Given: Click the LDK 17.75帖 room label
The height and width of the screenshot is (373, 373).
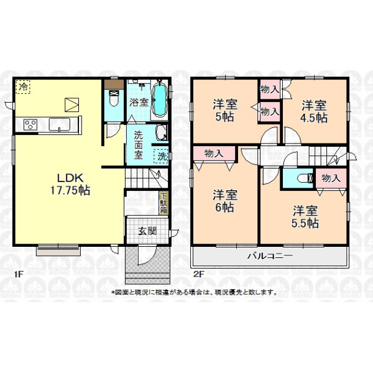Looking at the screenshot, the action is (70, 184).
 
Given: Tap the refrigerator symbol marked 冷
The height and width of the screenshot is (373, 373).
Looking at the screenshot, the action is (23, 87).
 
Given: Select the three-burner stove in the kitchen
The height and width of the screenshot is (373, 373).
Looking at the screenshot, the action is (30, 125).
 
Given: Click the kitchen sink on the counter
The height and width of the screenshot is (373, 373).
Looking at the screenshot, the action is (59, 124).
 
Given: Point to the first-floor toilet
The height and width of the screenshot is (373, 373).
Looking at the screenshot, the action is (114, 98).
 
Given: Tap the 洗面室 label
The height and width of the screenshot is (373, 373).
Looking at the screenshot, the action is (138, 145).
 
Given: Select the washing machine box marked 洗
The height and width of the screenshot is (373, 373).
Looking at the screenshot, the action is (161, 156).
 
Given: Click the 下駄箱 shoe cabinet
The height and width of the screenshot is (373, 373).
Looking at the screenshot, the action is (163, 203).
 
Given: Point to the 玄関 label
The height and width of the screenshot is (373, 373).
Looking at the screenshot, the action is (147, 231).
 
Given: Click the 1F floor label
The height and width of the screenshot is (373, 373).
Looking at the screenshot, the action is (19, 274).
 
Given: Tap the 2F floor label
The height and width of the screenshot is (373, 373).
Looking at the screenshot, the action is (199, 274).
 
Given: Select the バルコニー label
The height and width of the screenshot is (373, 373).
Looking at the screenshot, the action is (270, 256).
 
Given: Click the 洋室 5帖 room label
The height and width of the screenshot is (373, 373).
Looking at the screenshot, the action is (225, 111).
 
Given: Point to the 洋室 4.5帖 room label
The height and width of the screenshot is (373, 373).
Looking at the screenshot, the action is (314, 111).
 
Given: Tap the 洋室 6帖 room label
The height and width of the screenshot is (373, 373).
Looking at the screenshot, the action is (225, 201).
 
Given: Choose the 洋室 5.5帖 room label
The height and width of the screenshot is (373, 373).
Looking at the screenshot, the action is (305, 217).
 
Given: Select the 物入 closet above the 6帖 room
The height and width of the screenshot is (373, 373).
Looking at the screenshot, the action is (214, 154).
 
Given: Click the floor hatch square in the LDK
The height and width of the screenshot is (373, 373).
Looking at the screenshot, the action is (72, 104).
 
